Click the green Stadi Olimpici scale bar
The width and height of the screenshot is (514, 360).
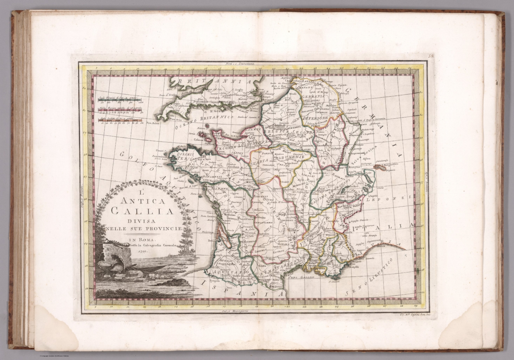120,99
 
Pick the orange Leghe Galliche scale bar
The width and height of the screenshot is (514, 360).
120,119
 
